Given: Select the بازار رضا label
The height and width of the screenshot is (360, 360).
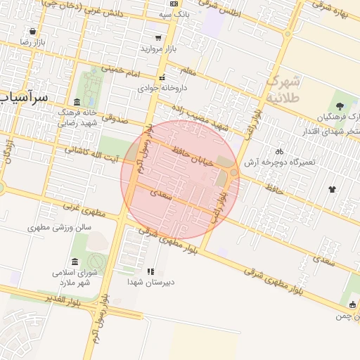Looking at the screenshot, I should [x=32, y=43].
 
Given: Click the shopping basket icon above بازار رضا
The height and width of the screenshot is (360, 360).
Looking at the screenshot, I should [x=32, y=31].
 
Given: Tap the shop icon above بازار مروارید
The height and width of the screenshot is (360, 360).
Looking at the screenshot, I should [x=158, y=38].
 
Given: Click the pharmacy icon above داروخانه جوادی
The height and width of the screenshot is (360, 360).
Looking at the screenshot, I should [x=162, y=78].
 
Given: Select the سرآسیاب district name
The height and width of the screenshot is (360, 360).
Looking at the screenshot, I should [x=25, y=97].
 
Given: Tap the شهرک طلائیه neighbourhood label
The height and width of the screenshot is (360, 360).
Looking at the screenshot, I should [x=284, y=89].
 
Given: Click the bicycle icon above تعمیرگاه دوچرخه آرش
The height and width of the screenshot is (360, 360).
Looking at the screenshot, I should [x=279, y=151].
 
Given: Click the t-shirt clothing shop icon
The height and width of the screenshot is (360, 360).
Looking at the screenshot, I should [x=331, y=189].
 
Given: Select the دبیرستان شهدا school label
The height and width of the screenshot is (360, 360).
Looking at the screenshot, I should [x=150, y=282].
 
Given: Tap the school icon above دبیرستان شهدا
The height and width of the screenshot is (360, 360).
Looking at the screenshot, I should [x=150, y=271].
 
